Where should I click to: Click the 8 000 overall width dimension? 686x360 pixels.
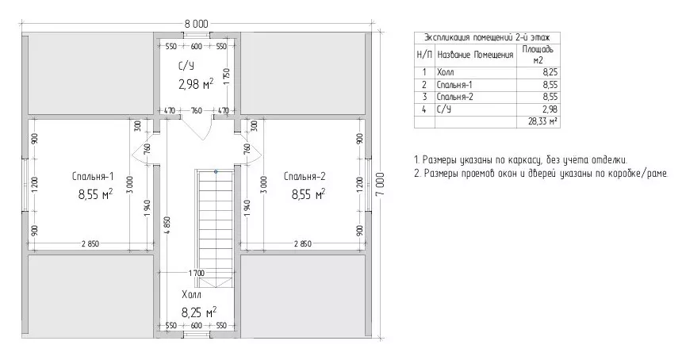[x=197, y=24]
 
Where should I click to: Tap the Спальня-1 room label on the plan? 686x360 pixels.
[x=93, y=176]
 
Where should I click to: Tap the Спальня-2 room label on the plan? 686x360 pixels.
[x=305, y=176]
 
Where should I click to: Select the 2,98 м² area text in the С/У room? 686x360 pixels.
[x=196, y=84]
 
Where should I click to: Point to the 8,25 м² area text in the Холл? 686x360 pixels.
[x=199, y=312]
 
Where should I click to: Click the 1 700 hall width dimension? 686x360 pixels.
[x=197, y=274]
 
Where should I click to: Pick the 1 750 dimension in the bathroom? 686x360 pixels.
[x=226, y=78]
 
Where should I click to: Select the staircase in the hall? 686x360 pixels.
[x=217, y=229]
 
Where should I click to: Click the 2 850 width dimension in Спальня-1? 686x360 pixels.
[x=90, y=243]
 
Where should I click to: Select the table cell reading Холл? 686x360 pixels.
[x=446, y=73]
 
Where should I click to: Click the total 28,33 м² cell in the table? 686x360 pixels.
[x=543, y=121]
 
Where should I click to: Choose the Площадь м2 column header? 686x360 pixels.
[x=538, y=55]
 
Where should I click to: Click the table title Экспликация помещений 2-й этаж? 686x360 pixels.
[x=487, y=37]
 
